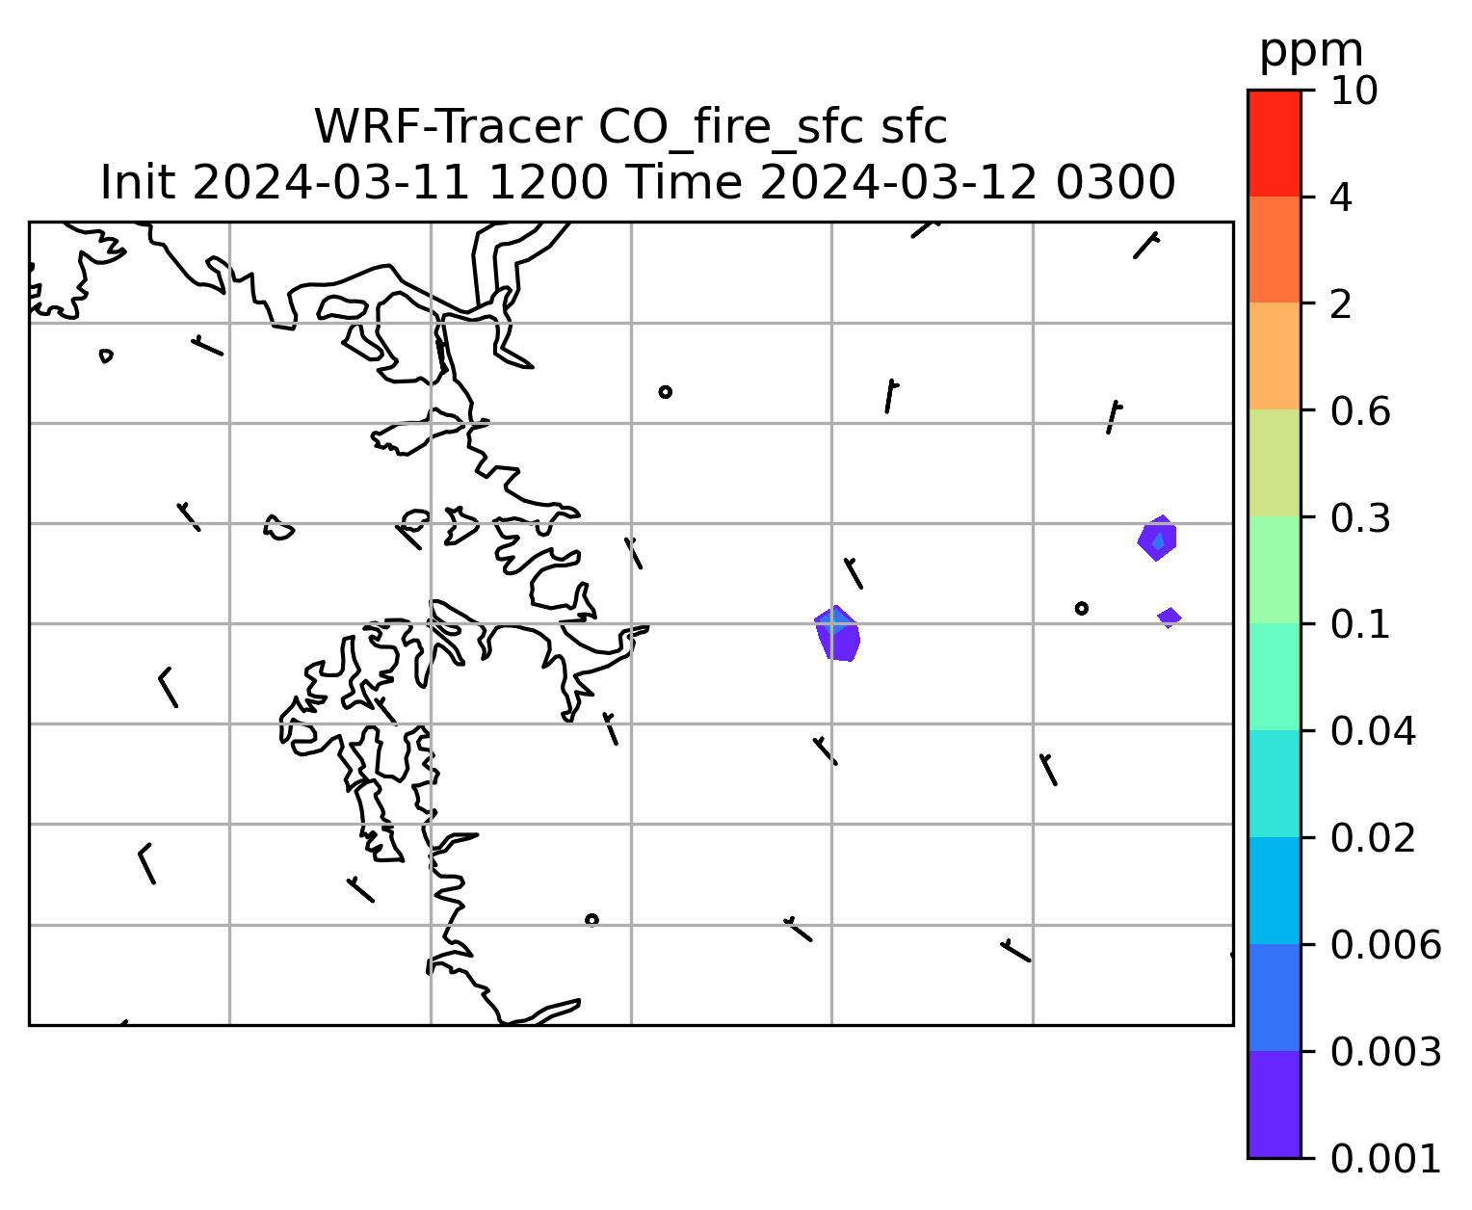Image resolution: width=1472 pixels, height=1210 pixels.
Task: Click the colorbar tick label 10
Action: click(x=1354, y=91)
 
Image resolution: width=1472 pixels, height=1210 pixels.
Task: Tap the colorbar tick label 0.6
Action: click(x=1359, y=411)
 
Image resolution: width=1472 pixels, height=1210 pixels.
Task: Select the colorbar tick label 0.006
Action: click(x=1384, y=945)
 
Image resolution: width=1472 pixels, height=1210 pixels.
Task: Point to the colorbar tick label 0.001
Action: click(x=1384, y=1159)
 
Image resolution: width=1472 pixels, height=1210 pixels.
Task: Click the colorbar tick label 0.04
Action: click(x=1372, y=731)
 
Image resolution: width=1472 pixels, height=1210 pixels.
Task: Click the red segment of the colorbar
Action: click(x=1274, y=143)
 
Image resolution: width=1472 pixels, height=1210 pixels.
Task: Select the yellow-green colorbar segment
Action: click(x=1274, y=462)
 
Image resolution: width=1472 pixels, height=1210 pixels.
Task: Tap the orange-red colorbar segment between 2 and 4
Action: click(x=1274, y=250)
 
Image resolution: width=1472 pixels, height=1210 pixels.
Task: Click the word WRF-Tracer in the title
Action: click(x=447, y=127)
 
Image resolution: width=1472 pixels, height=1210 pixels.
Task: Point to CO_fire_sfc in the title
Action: click(x=731, y=128)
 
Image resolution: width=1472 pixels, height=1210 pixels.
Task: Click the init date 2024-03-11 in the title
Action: click(x=330, y=183)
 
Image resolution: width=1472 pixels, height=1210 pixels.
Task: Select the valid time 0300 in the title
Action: click(x=1115, y=183)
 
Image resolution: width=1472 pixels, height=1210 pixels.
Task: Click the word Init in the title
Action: click(x=138, y=183)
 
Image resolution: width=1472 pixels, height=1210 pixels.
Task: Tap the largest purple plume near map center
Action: click(x=837, y=635)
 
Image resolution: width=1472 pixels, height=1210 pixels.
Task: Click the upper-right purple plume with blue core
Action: click(x=1157, y=538)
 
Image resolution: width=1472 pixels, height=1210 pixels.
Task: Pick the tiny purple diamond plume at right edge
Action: click(x=1170, y=618)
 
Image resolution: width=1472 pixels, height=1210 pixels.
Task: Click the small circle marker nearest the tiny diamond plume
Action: click(x=1081, y=609)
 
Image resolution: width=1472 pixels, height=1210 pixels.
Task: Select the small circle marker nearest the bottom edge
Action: click(x=591, y=920)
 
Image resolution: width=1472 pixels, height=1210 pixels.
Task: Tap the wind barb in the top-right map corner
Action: click(x=1145, y=247)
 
